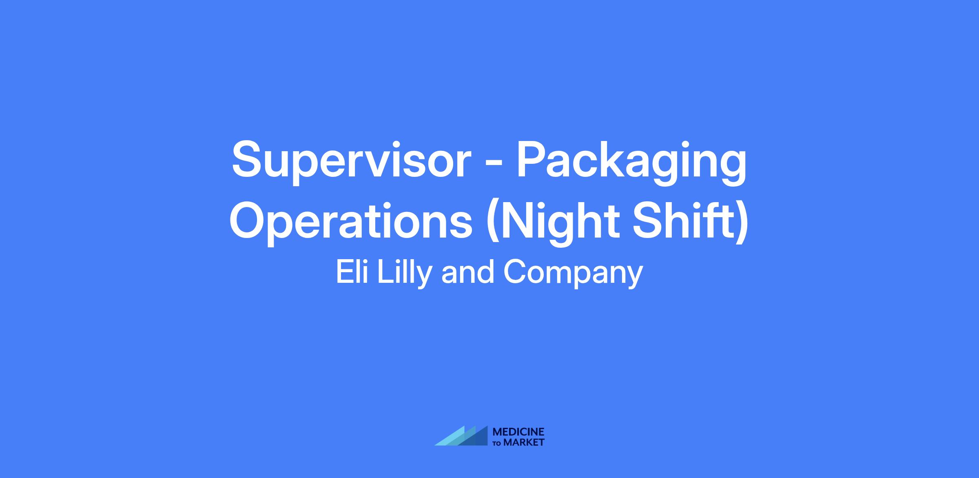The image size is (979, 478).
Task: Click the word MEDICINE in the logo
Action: tap(518, 432)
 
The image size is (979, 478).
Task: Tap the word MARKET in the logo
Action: tap(524, 442)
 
